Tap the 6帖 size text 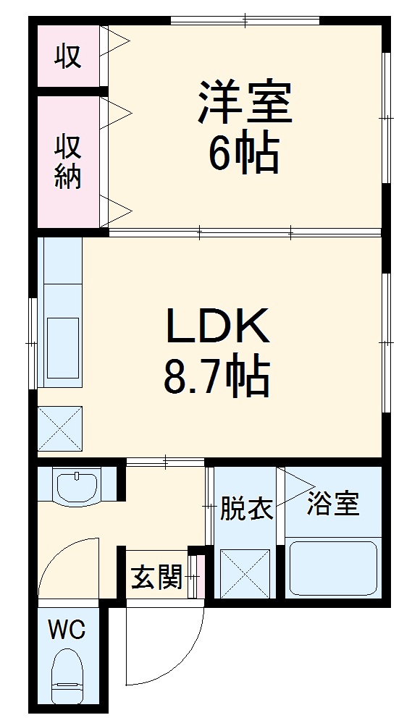244,153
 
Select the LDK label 218,326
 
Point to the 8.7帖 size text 216,377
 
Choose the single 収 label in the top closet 69,56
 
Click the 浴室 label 332,504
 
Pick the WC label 67,630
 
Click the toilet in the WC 70,677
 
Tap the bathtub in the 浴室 333,569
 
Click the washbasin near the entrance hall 77,487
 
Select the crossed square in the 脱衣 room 245,572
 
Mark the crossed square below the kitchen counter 59,428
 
